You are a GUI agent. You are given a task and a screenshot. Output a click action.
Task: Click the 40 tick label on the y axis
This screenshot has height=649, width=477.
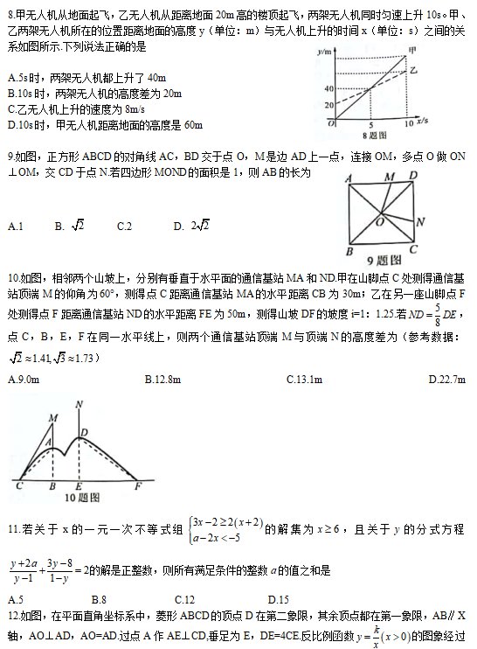point(328,87)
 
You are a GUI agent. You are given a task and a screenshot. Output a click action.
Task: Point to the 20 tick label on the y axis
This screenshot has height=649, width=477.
point(328,106)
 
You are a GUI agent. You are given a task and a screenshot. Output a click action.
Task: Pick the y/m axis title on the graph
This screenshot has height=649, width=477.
point(328,52)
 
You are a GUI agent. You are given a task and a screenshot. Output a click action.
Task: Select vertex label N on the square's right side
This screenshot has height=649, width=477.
point(419,221)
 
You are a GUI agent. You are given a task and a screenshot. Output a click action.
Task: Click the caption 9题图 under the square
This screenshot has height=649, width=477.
point(384,260)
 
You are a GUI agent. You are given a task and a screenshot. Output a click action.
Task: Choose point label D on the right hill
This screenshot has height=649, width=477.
point(84,432)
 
